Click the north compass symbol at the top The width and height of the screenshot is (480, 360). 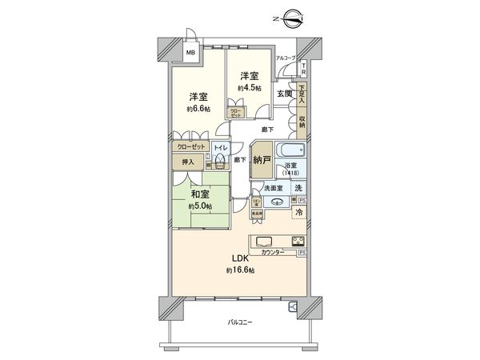point(289,16)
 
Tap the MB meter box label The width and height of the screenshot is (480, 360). point(190,54)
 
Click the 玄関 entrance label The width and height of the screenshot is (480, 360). point(284,94)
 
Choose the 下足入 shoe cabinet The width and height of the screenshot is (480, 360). point(302,95)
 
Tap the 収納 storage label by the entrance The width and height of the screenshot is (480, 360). point(302,122)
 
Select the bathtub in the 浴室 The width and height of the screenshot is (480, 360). point(291,150)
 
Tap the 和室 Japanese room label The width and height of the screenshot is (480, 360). point(200,192)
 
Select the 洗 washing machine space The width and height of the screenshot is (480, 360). point(298,188)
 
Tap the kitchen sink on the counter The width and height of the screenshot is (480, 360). point(265,242)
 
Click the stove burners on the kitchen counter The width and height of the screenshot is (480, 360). point(298,242)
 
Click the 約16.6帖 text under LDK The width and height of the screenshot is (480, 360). point(240,272)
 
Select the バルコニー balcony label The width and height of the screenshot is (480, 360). point(239,322)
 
